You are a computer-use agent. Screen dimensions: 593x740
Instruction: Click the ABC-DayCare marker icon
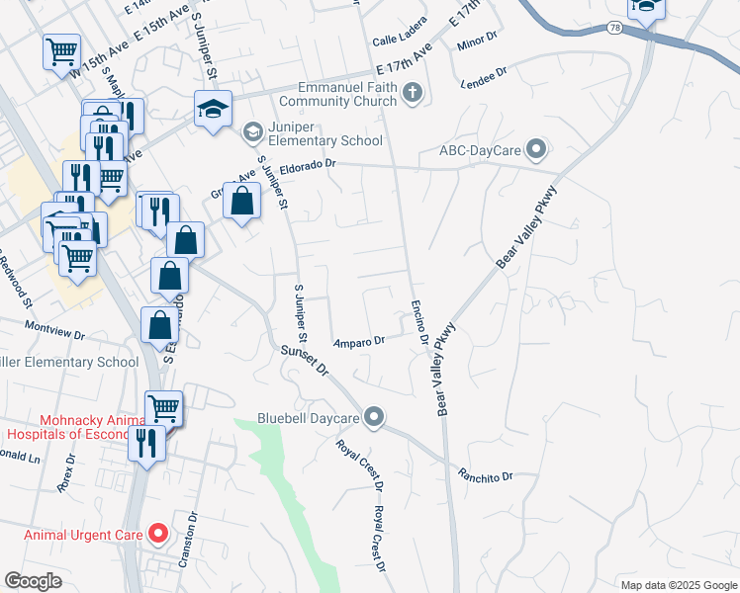[536, 149]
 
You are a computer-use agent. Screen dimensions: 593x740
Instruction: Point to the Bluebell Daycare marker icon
[374, 418]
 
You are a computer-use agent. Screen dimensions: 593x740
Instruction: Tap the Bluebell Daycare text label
[308, 418]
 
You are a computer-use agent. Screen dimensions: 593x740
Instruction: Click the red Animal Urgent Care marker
[158, 535]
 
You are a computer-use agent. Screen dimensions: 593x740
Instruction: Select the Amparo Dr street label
[358, 341]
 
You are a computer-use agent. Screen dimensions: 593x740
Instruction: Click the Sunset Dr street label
[303, 360]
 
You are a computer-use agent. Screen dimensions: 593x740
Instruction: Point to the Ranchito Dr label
[485, 476]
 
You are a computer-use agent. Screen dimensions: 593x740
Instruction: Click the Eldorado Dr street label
[309, 167]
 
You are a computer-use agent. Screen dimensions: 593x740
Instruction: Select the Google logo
[34, 581]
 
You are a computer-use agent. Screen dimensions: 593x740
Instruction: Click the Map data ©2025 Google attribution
[678, 584]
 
